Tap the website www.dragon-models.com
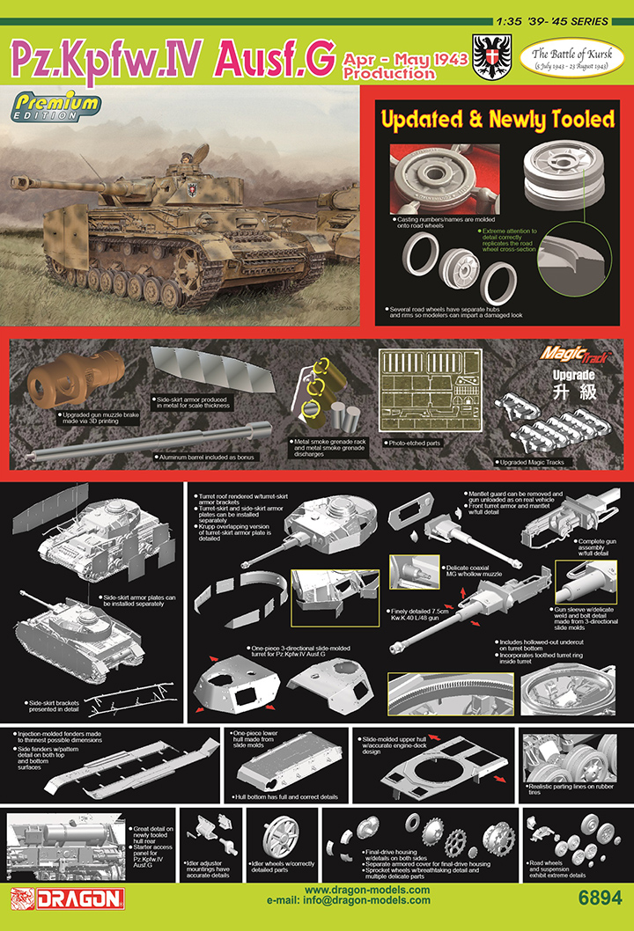click(367, 891)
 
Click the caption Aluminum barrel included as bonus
click(205, 458)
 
